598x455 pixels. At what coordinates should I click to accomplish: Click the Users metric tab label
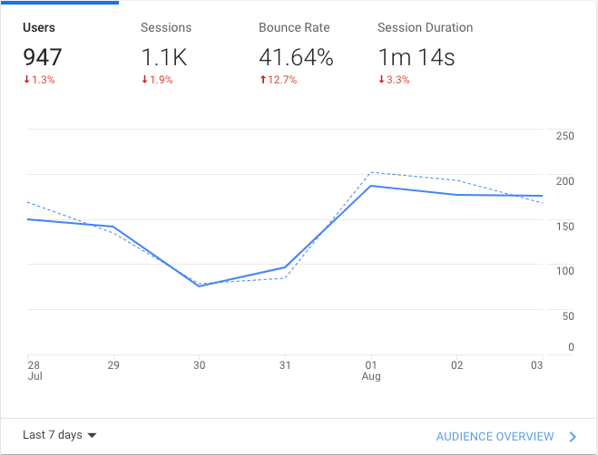coord(40,28)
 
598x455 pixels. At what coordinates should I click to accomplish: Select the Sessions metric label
coord(166,28)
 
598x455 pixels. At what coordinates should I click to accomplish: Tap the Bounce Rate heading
coord(293,28)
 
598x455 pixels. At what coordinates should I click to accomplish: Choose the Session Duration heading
coord(425,28)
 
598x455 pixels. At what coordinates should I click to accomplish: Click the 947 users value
coord(43,58)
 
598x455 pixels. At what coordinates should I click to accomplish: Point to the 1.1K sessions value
coord(164,58)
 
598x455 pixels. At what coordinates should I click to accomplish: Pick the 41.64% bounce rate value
coord(296,58)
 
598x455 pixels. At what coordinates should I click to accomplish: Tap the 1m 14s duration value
coord(416,58)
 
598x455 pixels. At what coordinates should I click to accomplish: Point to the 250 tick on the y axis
coord(564,136)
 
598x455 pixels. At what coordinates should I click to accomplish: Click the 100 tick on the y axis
coord(564,270)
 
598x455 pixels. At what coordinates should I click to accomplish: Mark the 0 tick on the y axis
coord(571,347)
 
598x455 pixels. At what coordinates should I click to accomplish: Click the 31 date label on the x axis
coord(284,365)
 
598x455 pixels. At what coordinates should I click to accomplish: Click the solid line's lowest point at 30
coord(200,286)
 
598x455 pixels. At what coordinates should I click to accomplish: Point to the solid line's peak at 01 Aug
coord(371,186)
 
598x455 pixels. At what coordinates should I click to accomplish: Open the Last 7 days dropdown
coord(60,435)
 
